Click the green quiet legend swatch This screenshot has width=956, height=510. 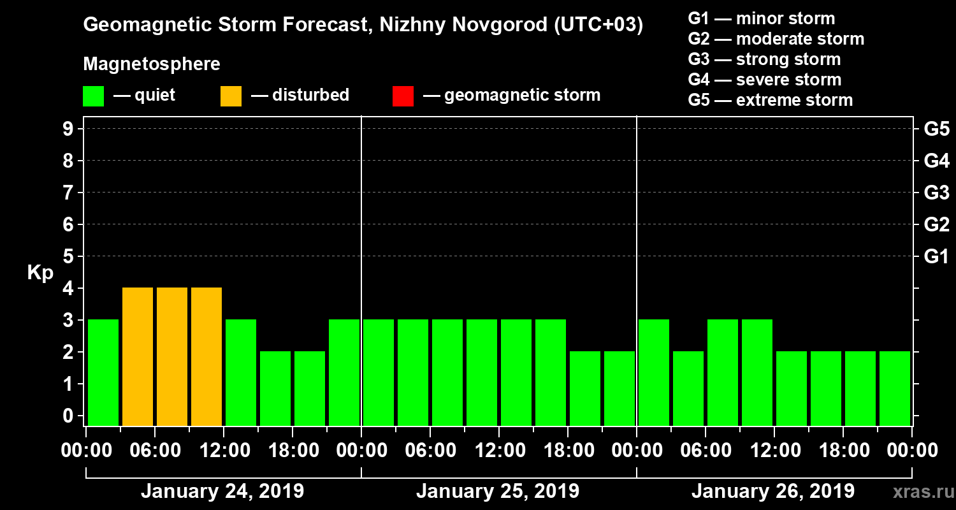click(93, 96)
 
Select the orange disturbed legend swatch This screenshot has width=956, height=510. click(231, 96)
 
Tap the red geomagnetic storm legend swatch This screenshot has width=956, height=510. click(403, 96)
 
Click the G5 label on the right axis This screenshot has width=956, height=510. click(936, 129)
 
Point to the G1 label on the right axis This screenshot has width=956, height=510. click(936, 257)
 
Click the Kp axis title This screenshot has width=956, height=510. click(40, 273)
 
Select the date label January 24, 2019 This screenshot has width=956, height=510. click(222, 492)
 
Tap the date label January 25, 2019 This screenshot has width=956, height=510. click(498, 492)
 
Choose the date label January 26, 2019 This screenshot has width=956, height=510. click(773, 492)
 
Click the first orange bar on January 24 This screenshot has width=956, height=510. click(138, 356)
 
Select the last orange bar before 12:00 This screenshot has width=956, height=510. click(206, 356)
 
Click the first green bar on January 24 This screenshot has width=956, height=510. click(103, 372)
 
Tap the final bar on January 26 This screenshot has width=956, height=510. click(895, 388)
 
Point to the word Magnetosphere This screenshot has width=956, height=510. click(152, 64)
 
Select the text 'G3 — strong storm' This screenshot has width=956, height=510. click(764, 59)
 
